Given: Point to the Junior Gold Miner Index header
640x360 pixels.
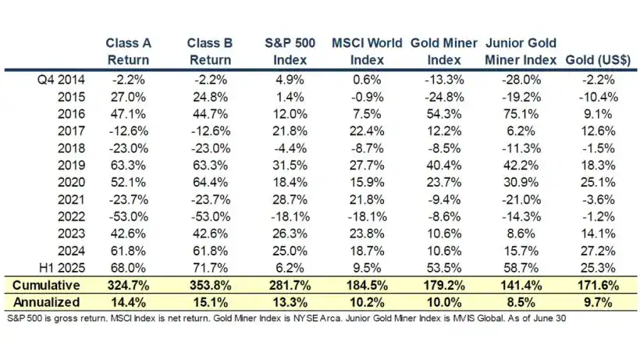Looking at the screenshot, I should pyautogui.click(x=521, y=51).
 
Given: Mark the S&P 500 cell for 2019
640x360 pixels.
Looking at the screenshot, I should pyautogui.click(x=289, y=165).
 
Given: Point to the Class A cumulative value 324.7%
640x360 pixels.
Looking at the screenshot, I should pyautogui.click(x=127, y=285).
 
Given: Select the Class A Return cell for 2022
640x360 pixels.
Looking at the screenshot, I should pyautogui.click(x=127, y=216).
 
